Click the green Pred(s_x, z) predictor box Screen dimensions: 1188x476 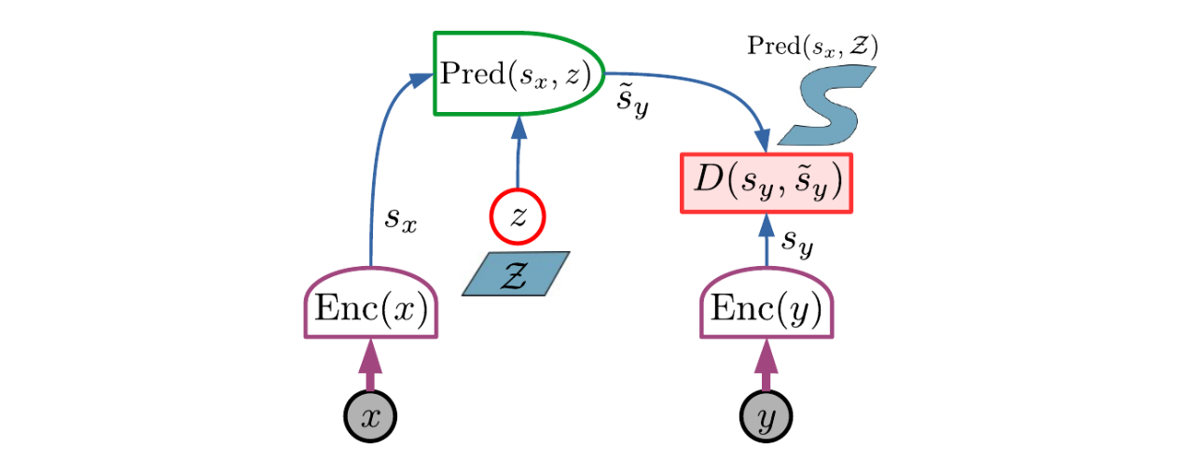pyautogui.click(x=518, y=74)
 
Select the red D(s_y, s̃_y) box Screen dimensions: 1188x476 pyautogui.click(x=767, y=183)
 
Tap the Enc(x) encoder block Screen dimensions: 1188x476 pyautogui.click(x=371, y=303)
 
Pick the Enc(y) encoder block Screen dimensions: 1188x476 pyautogui.click(x=767, y=303)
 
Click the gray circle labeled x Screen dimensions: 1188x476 pyautogui.click(x=370, y=416)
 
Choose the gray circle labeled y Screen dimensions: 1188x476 pyautogui.click(x=766, y=416)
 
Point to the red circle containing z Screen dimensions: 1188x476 pyautogui.click(x=518, y=217)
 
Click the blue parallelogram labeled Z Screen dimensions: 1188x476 pyautogui.click(x=516, y=273)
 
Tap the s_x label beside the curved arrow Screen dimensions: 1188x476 pyautogui.click(x=401, y=218)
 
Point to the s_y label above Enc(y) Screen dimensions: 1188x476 pyautogui.click(x=797, y=242)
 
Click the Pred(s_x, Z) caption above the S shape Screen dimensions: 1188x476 pyautogui.click(x=812, y=46)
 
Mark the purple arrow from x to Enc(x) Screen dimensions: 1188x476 pyautogui.click(x=370, y=366)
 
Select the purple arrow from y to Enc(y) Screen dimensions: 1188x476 pyautogui.click(x=766, y=366)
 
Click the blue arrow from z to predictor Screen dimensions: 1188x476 pyautogui.click(x=518, y=152)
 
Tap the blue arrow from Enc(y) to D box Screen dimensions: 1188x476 pyautogui.click(x=767, y=240)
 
